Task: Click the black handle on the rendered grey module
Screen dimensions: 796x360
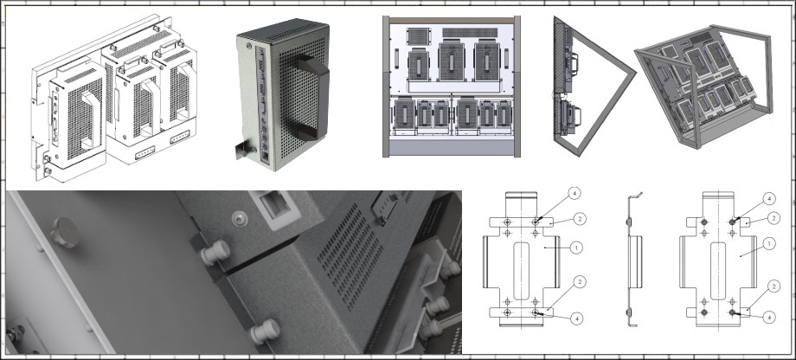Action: pos(311,96)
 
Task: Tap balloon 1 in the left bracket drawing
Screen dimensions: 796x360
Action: pos(575,247)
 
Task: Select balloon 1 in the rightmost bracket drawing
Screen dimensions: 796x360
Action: pos(769,244)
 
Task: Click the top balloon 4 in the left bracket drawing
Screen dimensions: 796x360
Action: pos(575,194)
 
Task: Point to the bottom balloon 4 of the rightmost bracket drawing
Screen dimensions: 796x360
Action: pos(769,318)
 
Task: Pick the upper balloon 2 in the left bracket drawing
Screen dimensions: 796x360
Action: pos(581,219)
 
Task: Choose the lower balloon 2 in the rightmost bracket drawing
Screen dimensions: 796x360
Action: pos(774,287)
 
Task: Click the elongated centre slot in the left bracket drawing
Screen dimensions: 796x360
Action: pos(521,271)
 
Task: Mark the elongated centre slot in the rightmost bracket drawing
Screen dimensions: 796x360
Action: pos(717,271)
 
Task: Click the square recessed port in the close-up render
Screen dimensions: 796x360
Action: pos(273,205)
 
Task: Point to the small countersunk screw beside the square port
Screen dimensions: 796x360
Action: pos(238,219)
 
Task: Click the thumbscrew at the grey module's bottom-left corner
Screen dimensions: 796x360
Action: pos(244,150)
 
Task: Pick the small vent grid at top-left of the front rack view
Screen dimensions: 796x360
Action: pos(418,36)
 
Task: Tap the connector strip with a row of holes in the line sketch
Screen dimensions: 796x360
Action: pos(146,153)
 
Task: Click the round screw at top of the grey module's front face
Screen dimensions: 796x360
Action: pos(249,45)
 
